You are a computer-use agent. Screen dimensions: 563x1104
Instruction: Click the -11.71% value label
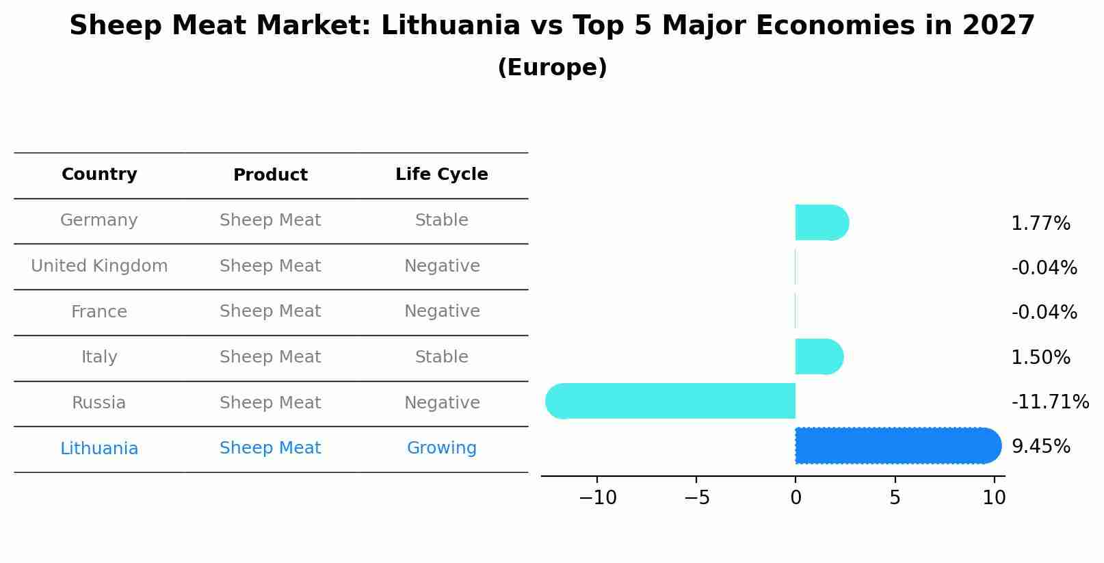pos(1049,402)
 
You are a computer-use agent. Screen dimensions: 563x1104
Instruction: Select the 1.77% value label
pos(1040,224)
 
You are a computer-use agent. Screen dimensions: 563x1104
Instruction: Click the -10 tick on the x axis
pos(597,498)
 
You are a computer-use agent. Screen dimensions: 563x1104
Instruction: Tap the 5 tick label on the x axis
pos(895,498)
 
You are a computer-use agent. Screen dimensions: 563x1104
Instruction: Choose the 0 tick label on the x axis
pos(796,498)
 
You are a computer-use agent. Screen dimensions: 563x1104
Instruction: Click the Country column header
pos(99,174)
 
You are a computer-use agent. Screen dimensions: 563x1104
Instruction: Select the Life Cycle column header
pos(441,174)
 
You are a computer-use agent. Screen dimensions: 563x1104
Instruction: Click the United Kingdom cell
pos(99,266)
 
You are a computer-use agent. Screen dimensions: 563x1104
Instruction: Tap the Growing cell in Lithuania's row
pos(441,448)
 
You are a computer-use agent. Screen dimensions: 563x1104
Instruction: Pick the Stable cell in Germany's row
pos(441,220)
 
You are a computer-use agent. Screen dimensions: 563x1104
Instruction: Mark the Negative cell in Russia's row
pos(441,403)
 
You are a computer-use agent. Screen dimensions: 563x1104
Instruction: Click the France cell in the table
pos(99,312)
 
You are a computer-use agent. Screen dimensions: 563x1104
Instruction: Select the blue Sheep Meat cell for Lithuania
pos(270,448)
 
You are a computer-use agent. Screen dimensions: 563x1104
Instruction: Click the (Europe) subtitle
pos(552,68)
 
